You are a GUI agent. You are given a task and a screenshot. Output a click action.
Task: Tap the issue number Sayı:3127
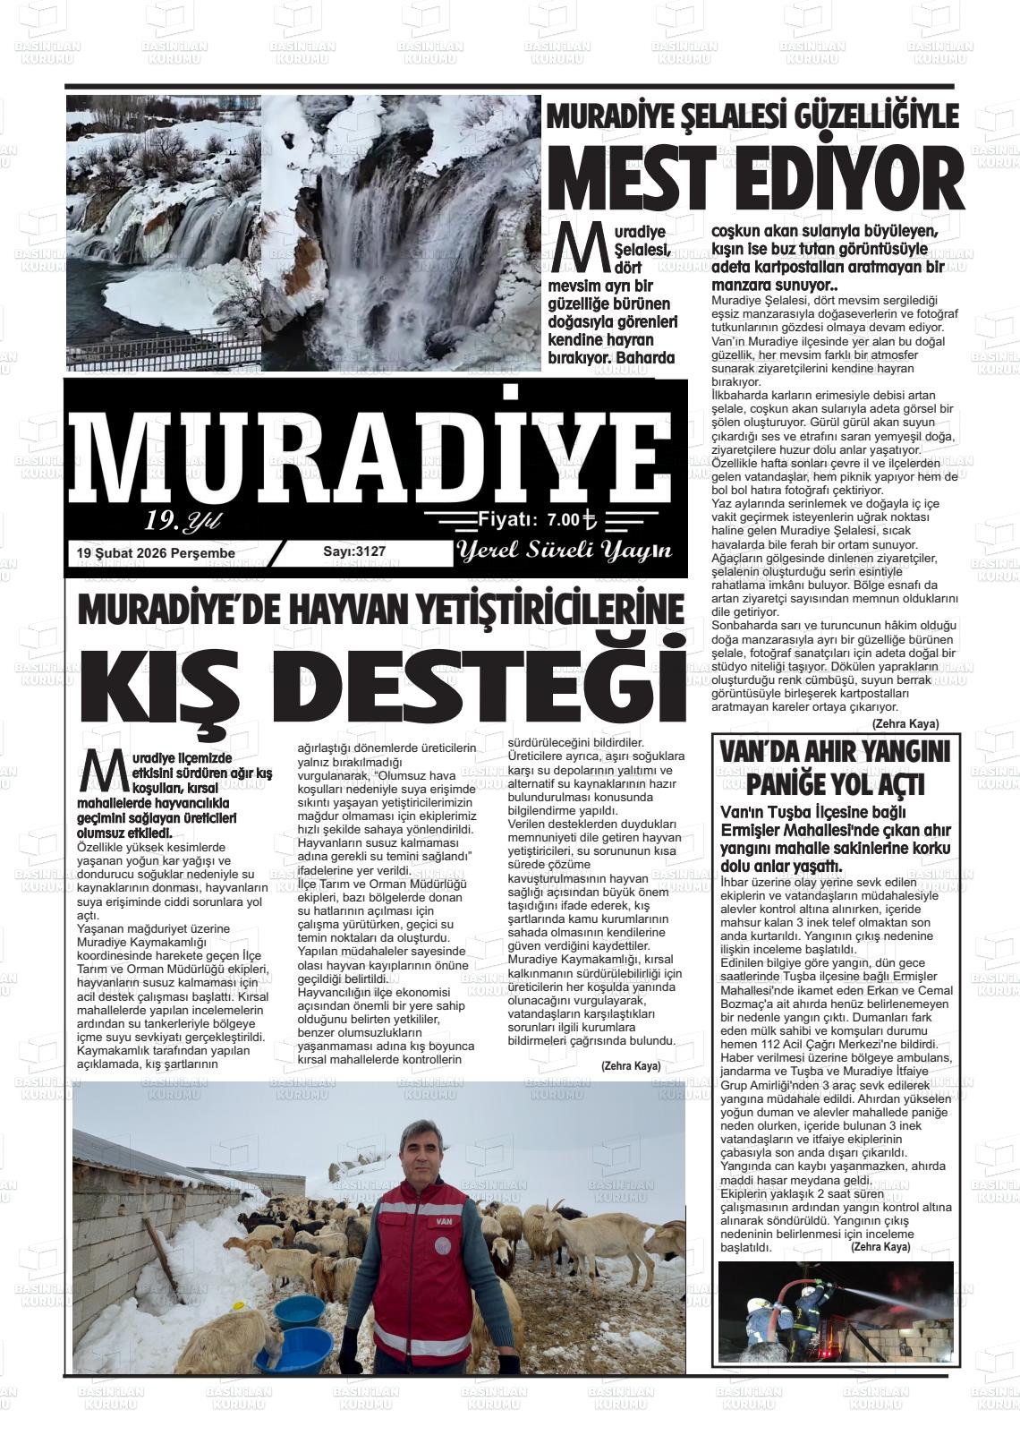coord(354,551)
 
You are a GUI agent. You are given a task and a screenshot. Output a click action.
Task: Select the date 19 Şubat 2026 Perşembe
coord(157,553)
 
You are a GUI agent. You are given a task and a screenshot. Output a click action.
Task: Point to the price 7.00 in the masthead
coord(564,519)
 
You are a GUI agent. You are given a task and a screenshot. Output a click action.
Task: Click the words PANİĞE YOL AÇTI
coord(835,785)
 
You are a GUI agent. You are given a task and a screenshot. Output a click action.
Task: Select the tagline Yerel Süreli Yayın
coord(564,551)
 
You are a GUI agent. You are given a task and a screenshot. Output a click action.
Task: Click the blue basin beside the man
coord(300,1312)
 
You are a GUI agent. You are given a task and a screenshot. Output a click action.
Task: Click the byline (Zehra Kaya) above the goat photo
coord(630,1065)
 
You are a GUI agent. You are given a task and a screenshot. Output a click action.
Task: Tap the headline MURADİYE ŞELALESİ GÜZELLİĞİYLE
coord(752,117)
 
